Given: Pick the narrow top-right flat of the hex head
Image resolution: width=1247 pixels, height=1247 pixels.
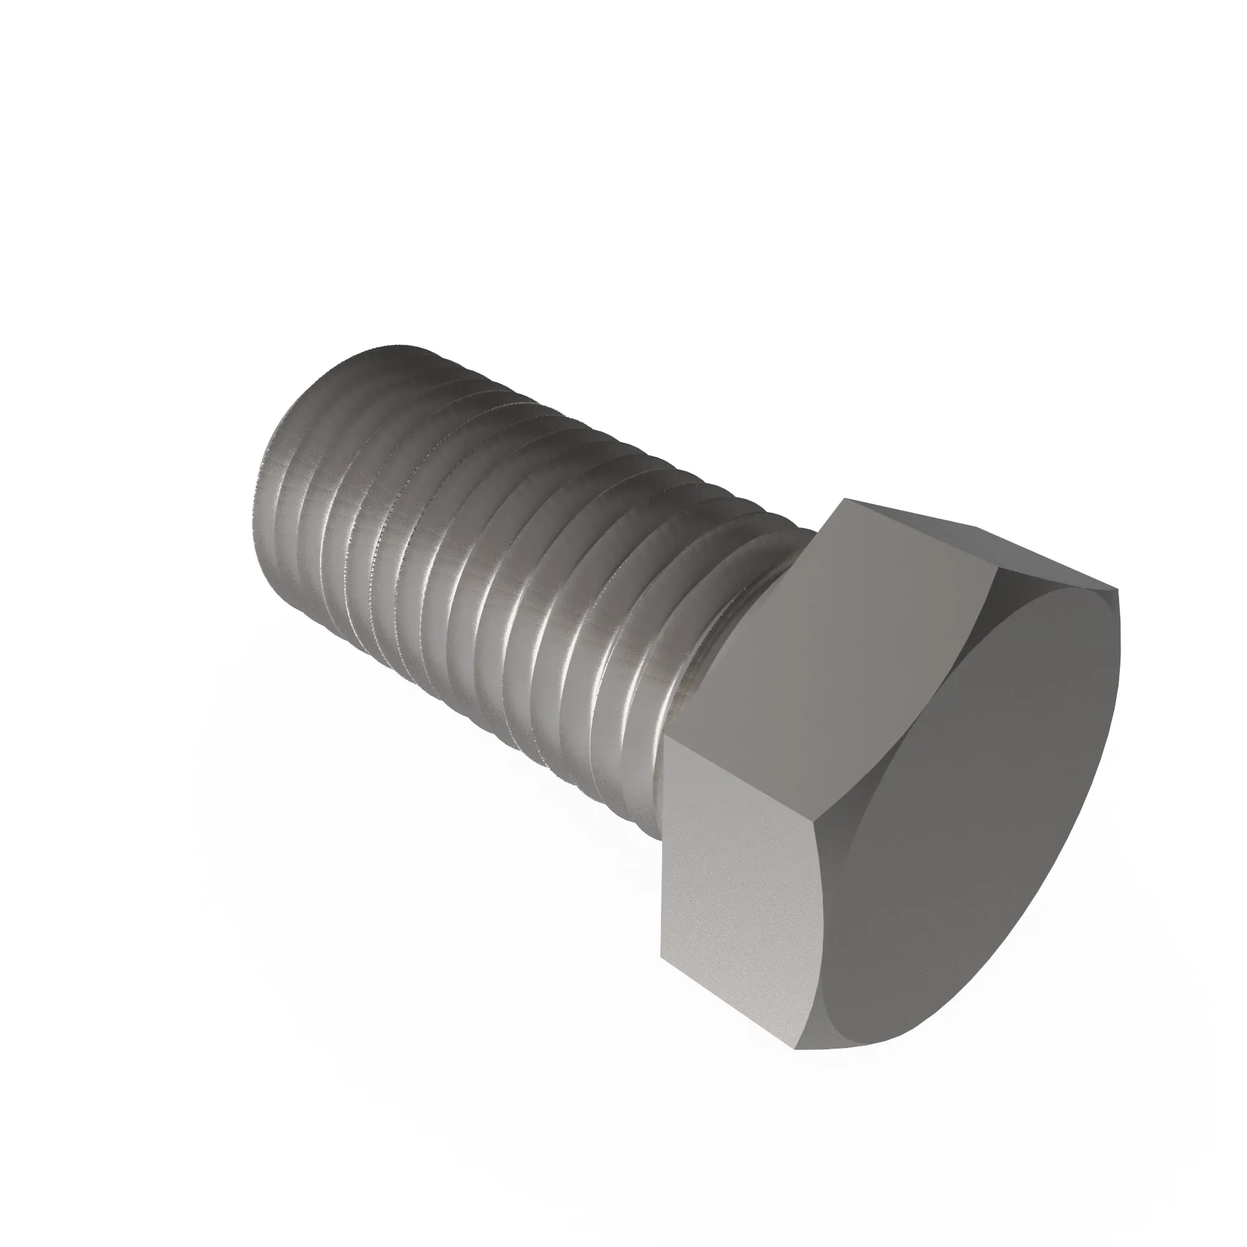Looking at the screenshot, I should [1007, 549].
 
